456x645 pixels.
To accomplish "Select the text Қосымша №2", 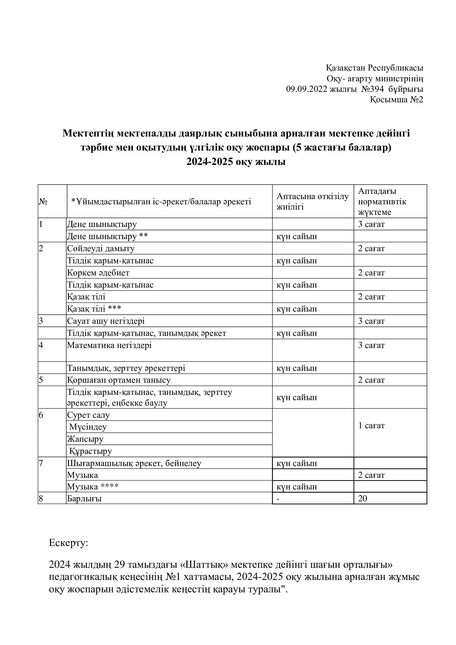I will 396,100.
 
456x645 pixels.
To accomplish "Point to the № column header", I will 43,201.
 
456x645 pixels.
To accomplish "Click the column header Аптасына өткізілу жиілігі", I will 313,201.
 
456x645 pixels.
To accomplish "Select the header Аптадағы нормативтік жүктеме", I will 382,201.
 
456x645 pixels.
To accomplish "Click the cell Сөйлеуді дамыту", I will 101,248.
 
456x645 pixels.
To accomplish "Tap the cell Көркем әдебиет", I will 98,272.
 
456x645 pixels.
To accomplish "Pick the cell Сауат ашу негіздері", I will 106,321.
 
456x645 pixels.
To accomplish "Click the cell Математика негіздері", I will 109,345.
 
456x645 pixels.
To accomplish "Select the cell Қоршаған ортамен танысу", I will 119,380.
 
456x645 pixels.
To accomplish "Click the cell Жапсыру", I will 85,439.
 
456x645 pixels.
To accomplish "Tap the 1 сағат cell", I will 371,425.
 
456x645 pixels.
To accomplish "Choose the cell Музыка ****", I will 93,486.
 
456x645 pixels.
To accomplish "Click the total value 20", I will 363,498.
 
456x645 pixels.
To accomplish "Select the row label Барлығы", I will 84,499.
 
